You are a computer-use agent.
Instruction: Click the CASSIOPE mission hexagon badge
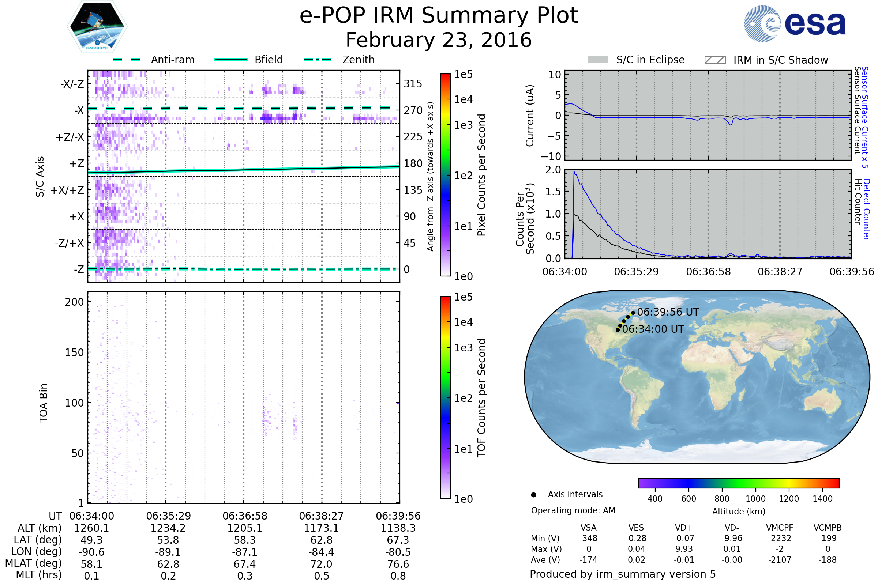point(97,26)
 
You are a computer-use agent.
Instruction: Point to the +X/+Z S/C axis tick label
point(67,190)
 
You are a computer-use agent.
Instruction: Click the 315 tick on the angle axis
point(413,84)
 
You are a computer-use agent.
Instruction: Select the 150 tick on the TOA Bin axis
point(74,352)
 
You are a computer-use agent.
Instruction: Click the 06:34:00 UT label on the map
point(653,329)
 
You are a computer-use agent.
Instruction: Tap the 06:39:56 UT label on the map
point(668,312)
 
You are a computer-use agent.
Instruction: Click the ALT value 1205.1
point(245,528)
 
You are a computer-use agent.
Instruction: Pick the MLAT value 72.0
point(322,564)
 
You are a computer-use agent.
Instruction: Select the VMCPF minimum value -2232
point(780,538)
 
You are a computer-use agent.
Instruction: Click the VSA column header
point(588,528)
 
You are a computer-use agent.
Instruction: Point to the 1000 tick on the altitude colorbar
point(755,499)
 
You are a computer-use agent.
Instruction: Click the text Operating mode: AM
point(573,510)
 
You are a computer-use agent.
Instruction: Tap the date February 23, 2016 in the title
point(439,40)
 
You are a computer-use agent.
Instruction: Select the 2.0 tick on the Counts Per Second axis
point(553,170)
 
